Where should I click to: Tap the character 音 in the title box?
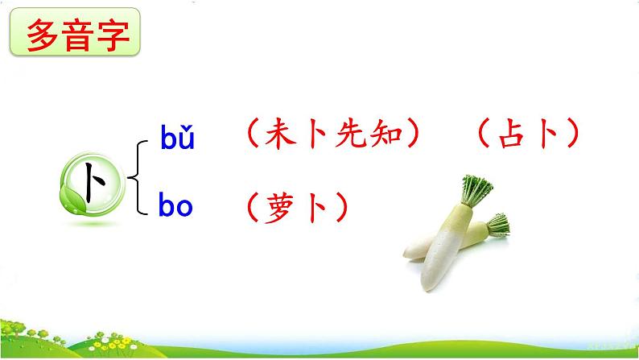click(78, 35)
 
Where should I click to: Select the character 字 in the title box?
click(112, 35)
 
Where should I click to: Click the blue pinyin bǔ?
click(176, 139)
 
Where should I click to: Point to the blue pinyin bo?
click(176, 207)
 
